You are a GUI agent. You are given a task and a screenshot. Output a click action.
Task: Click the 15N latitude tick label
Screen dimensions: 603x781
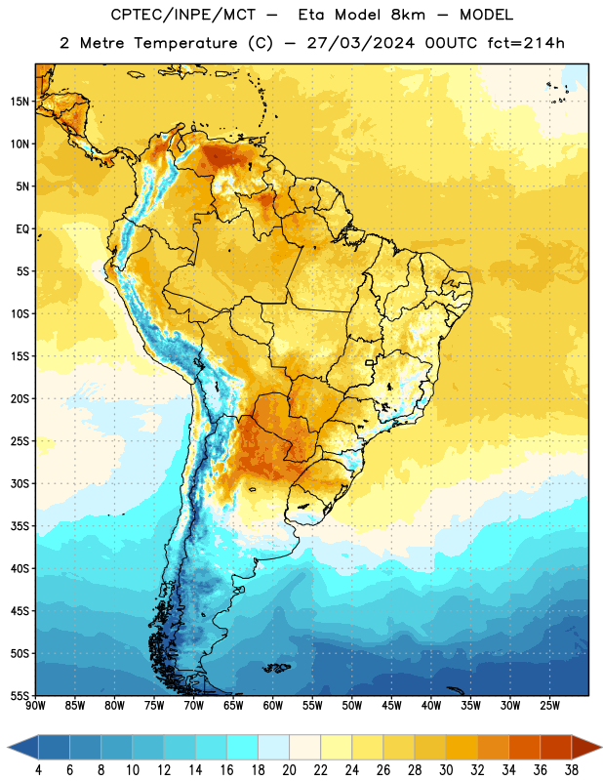click(20, 102)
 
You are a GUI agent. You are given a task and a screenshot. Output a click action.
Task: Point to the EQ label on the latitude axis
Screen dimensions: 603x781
click(22, 229)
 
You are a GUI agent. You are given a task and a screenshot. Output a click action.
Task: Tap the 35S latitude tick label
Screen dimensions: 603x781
click(20, 526)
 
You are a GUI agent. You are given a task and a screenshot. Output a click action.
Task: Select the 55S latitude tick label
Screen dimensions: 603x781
click(20, 695)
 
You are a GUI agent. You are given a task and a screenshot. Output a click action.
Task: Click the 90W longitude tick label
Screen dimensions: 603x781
click(36, 706)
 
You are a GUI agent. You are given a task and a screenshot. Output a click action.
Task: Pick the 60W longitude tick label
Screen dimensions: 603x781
click(273, 706)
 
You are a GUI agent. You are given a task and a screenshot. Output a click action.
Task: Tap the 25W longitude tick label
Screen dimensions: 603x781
click(549, 706)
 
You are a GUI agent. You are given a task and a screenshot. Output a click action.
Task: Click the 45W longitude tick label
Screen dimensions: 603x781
click(391, 706)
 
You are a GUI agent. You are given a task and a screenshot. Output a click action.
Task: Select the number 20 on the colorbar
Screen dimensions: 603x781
click(289, 770)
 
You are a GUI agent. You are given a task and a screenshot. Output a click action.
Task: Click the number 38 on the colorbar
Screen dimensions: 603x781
click(572, 770)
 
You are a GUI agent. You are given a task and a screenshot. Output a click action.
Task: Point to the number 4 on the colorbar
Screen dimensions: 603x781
click(38, 770)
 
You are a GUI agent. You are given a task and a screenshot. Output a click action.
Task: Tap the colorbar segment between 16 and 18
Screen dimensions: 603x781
click(243, 747)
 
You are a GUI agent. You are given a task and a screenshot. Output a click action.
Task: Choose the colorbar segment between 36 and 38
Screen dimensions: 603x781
click(556, 747)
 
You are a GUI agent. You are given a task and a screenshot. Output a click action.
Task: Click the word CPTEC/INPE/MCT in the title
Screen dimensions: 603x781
click(183, 15)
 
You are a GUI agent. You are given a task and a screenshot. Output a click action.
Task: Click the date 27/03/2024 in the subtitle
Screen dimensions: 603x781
click(360, 43)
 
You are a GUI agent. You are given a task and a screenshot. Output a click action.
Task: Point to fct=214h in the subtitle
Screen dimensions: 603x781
click(526, 43)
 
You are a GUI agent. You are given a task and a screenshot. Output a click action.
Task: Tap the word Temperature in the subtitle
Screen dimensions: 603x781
click(185, 43)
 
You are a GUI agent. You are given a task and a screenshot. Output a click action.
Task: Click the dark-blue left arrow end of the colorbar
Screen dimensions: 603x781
click(22, 747)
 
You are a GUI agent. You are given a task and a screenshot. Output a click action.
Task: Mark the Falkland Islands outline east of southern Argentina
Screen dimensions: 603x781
click(276, 668)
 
